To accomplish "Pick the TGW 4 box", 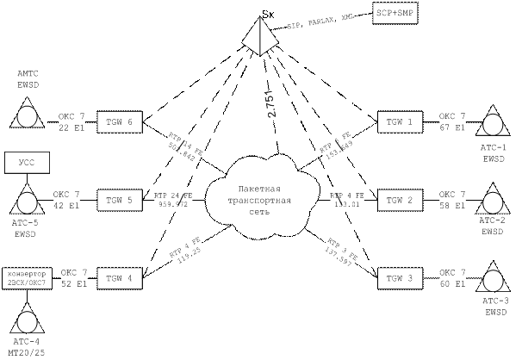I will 119,278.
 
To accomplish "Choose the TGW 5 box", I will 119,200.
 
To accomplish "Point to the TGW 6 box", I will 119,122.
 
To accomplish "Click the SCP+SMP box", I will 395,14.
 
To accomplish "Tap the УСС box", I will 25,162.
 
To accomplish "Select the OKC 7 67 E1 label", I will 452,121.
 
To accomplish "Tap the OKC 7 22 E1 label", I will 71,121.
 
